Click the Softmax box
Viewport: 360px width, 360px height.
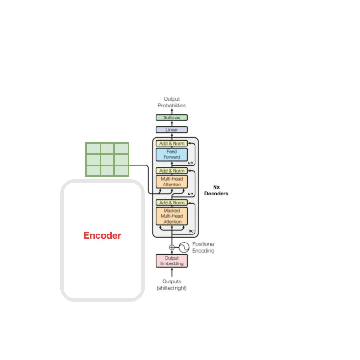tap(172, 117)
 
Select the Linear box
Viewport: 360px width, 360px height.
tap(172, 130)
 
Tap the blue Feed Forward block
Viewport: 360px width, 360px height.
tap(172, 155)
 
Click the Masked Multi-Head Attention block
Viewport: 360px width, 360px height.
tap(172, 216)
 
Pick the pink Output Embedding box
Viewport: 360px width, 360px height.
tap(172, 261)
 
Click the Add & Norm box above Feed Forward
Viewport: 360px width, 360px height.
tap(172, 143)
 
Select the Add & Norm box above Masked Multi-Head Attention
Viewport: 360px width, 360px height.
tap(172, 203)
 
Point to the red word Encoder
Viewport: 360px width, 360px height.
tap(102, 235)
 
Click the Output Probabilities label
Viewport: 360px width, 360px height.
tap(172, 102)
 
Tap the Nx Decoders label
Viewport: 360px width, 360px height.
tap(216, 190)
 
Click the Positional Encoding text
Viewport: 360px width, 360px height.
tap(203, 247)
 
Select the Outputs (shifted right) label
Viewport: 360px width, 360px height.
tap(172, 284)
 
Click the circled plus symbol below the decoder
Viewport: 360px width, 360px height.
tap(172, 247)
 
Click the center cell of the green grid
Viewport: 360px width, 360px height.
tap(107, 159)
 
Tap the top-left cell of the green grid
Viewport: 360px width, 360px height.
tap(93, 148)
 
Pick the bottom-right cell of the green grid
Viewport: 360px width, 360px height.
tap(122, 171)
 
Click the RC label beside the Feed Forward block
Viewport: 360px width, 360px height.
tap(190, 163)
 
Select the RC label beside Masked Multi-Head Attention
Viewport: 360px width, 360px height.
tap(191, 231)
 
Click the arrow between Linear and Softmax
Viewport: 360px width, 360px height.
tap(172, 124)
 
